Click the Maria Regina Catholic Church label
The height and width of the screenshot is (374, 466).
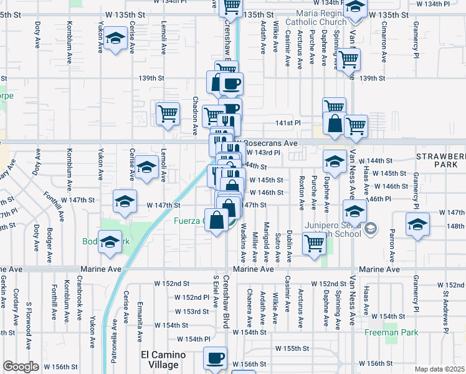(315, 19)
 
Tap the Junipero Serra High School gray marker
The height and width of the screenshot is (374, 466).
(371, 229)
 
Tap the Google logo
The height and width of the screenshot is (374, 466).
(21, 367)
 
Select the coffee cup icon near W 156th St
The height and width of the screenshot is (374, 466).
(216, 358)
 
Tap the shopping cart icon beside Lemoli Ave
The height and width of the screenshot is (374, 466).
(168, 113)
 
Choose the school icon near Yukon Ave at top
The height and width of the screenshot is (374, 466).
(115, 39)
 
